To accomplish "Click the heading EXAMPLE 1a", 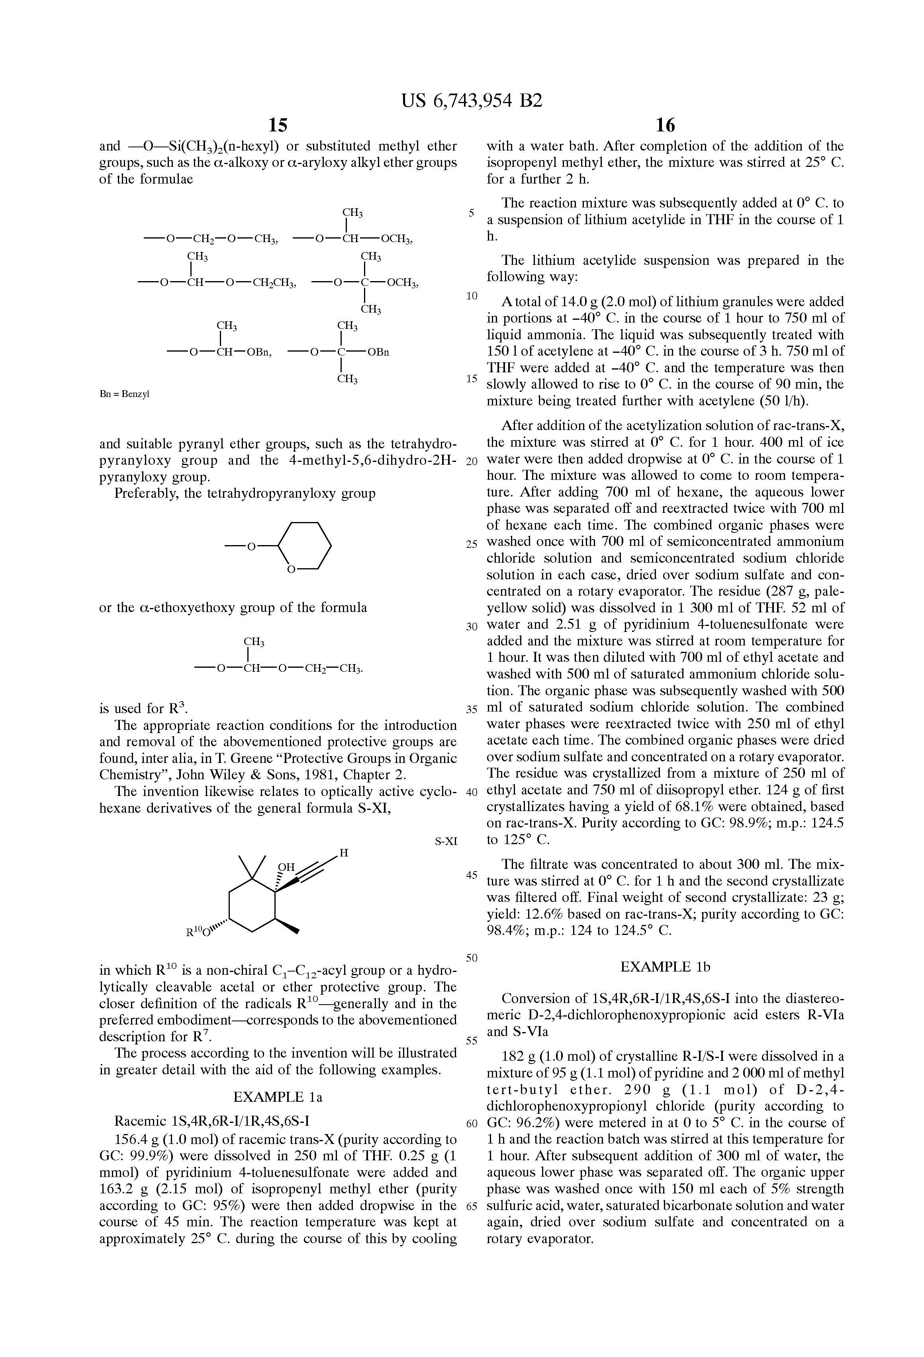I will point(278,1097).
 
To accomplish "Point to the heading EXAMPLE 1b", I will point(665,966).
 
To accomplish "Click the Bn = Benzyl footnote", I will point(124,394).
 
